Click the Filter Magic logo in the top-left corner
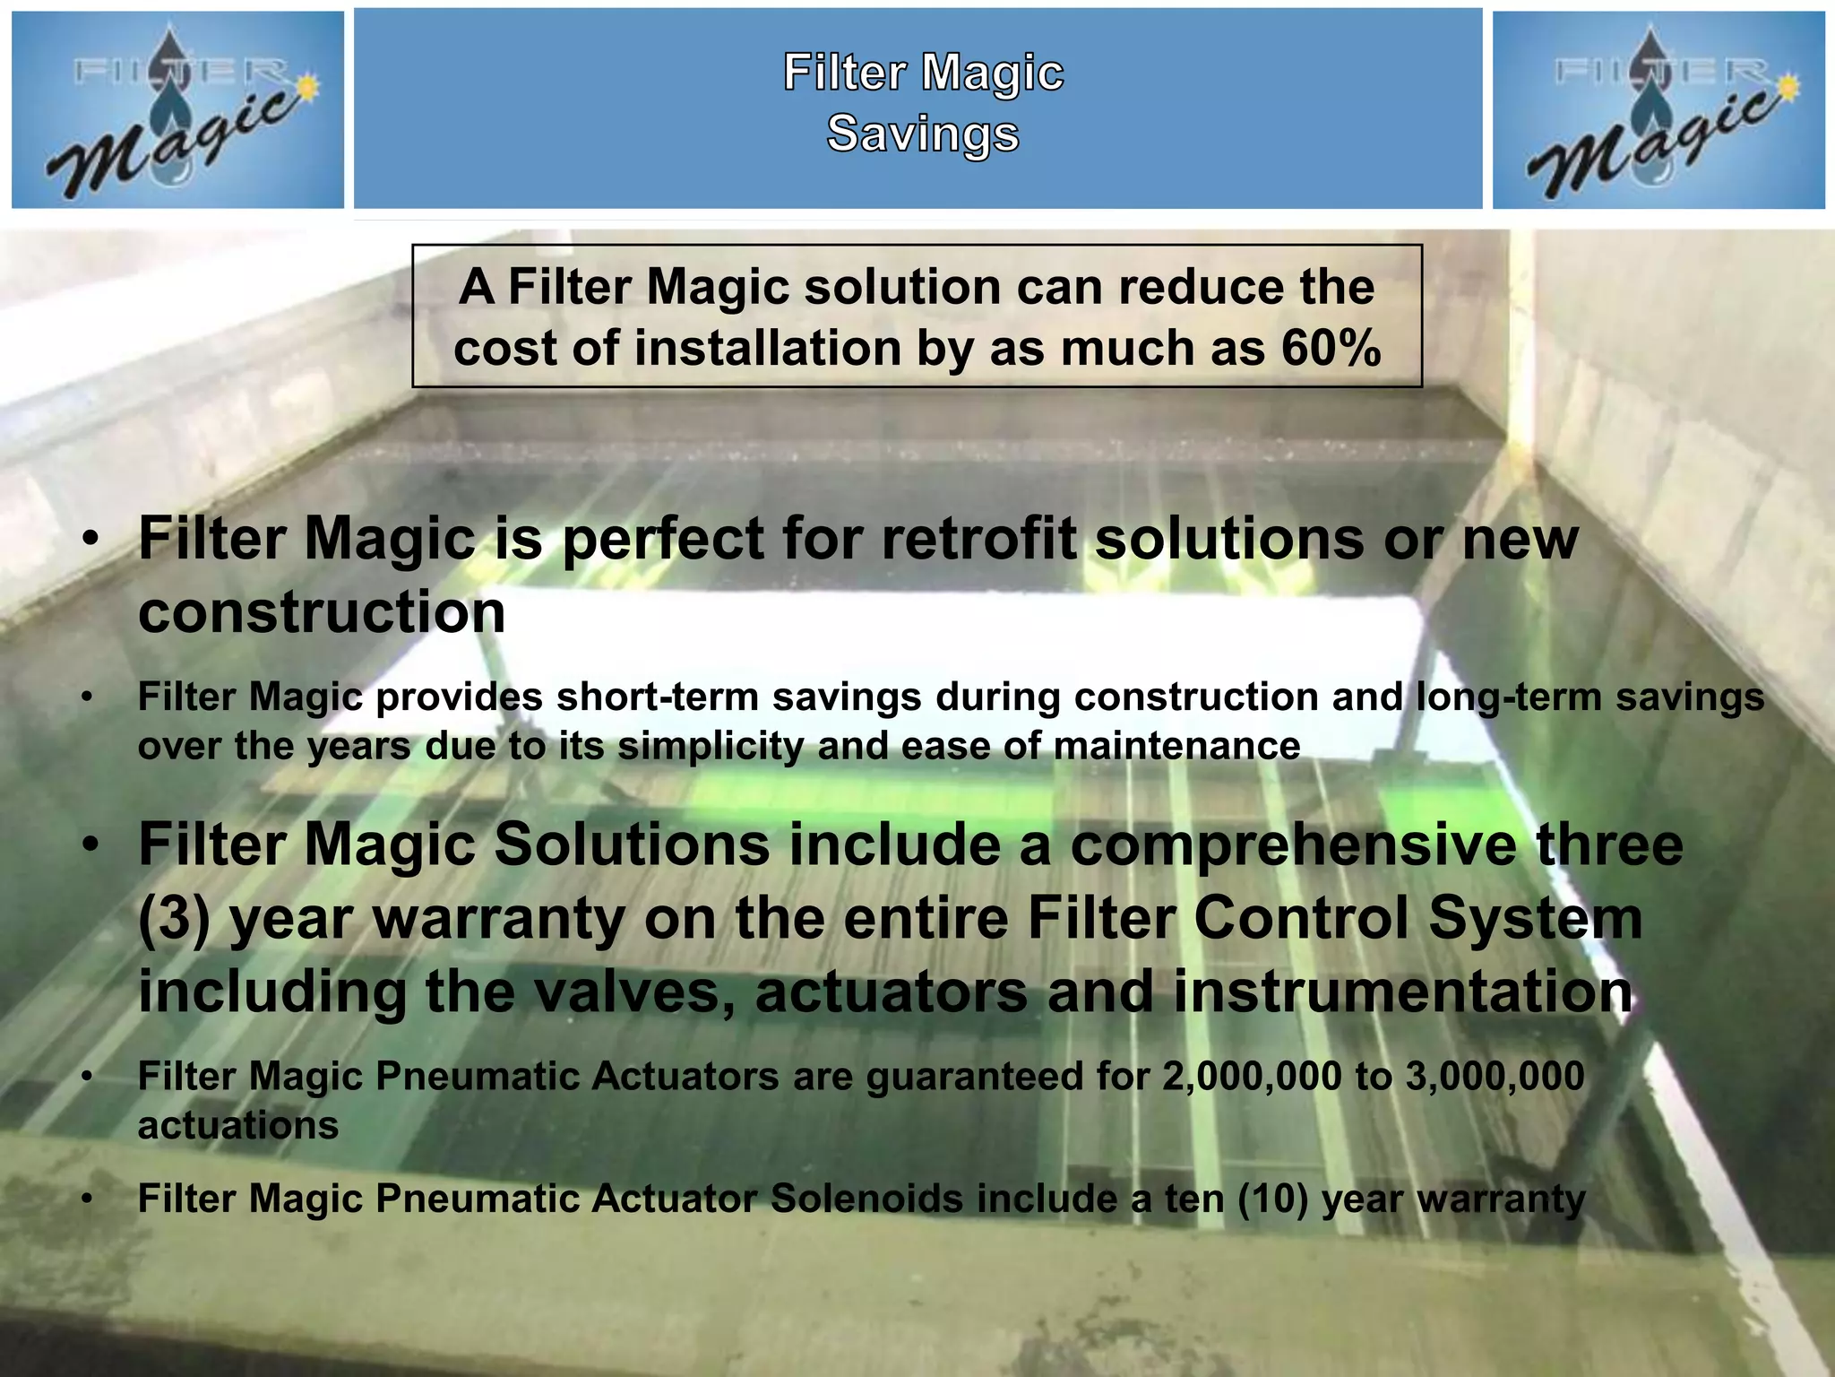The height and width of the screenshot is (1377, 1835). pos(177,109)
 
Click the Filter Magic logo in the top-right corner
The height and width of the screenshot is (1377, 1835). pos(1658,109)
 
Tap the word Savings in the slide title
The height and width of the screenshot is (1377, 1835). pos(923,134)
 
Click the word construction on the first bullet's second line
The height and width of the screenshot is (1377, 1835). pos(322,612)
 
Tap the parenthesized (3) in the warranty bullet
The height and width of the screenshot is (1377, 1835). pos(174,920)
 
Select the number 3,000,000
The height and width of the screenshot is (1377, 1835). pos(1495,1076)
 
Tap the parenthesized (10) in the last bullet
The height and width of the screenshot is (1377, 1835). pos(1273,1199)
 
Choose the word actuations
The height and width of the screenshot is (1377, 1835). pos(238,1125)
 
